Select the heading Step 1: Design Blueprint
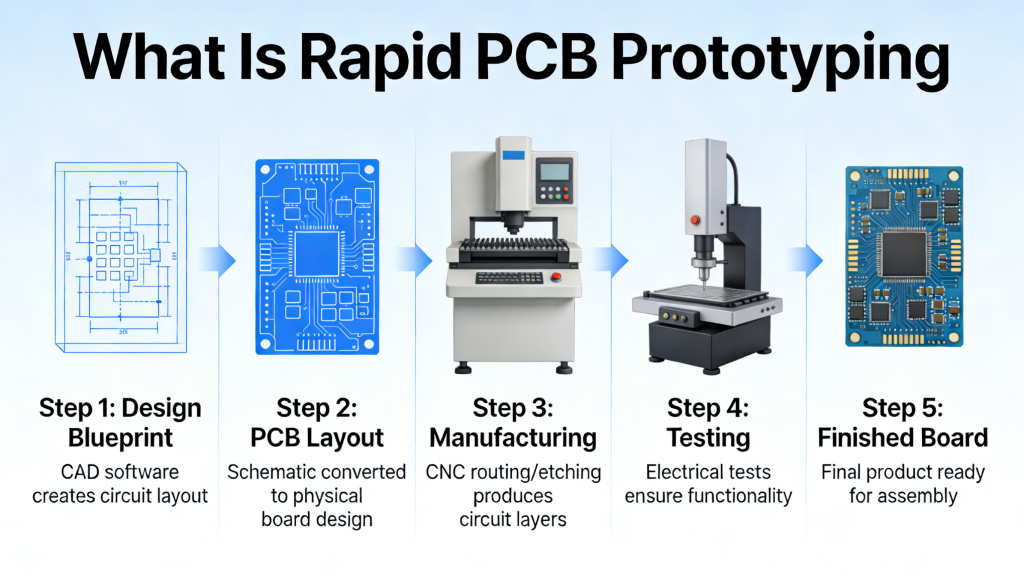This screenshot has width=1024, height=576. pos(120,422)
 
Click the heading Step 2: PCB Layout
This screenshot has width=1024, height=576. pos(316,422)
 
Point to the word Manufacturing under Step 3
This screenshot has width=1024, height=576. pos(511,438)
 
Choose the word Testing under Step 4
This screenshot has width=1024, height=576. pos(707,438)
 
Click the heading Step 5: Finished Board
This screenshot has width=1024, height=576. pos(902,422)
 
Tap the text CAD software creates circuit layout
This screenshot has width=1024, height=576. pos(120,483)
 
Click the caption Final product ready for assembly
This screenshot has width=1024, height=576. pos(902,483)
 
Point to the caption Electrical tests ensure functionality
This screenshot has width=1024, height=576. pos(707,483)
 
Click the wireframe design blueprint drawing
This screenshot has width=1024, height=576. pos(120,257)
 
